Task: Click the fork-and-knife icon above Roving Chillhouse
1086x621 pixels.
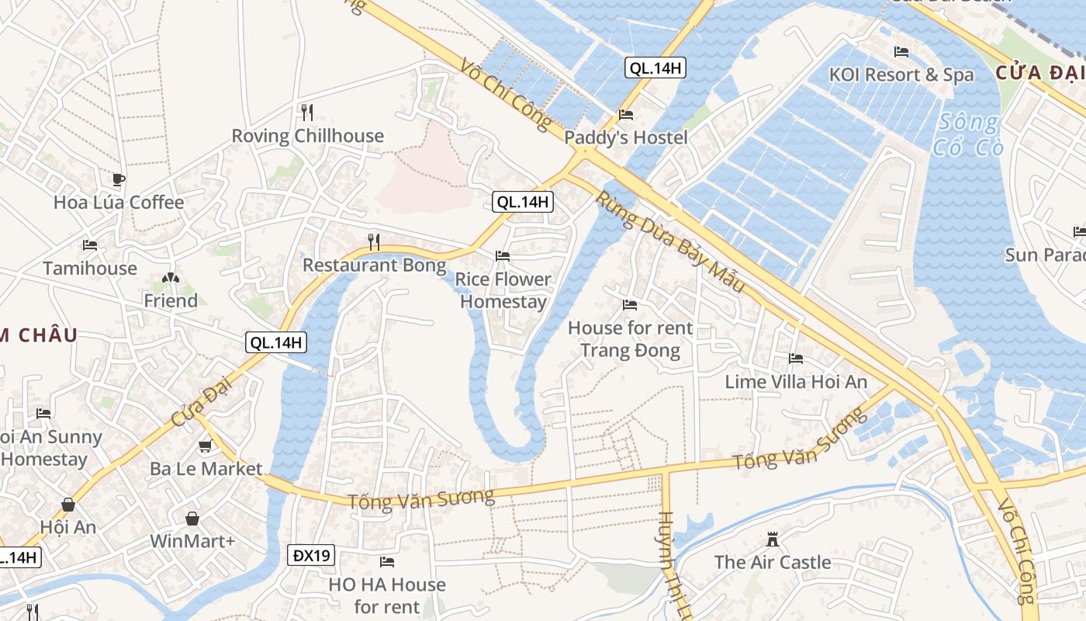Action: pyautogui.click(x=307, y=113)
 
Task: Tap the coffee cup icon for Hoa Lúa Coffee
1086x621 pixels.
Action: pyautogui.click(x=118, y=180)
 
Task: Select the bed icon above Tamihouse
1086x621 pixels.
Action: pyautogui.click(x=90, y=245)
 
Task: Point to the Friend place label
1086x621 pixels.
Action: pyautogui.click(x=171, y=300)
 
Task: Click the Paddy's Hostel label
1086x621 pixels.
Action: pyautogui.click(x=626, y=137)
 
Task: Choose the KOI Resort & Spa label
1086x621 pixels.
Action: pyautogui.click(x=901, y=75)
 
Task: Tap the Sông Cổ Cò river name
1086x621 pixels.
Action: pyautogui.click(x=967, y=134)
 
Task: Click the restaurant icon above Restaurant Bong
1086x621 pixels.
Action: pyautogui.click(x=374, y=242)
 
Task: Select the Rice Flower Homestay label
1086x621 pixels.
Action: pyautogui.click(x=503, y=290)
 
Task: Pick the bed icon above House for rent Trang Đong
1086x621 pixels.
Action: pyautogui.click(x=630, y=305)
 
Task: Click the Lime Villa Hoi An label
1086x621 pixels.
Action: pyautogui.click(x=796, y=381)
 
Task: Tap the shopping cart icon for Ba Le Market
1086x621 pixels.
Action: pyautogui.click(x=205, y=446)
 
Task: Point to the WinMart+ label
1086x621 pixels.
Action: pyautogui.click(x=192, y=540)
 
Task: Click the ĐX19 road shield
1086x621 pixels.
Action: pyautogui.click(x=313, y=555)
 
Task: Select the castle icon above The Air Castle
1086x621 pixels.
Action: pyautogui.click(x=773, y=539)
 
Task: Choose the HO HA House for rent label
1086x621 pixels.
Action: pyautogui.click(x=387, y=595)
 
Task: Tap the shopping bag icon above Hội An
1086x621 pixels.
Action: pyautogui.click(x=68, y=505)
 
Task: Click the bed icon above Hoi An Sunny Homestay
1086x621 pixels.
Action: pyautogui.click(x=43, y=414)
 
